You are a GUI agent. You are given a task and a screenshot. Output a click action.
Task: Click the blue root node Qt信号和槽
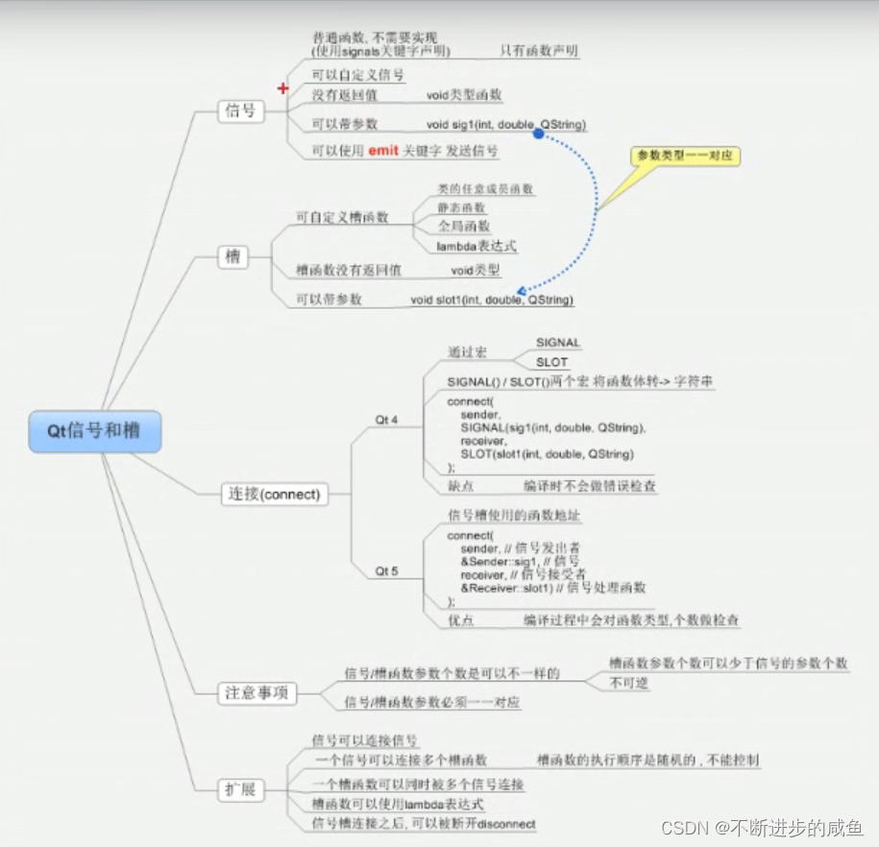(x=93, y=431)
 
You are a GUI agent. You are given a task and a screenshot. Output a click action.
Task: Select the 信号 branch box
(x=240, y=110)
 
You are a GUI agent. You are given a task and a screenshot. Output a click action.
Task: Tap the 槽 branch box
(x=232, y=257)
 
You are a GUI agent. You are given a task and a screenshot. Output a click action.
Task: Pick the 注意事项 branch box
(x=256, y=692)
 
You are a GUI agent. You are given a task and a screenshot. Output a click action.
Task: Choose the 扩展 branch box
(x=240, y=790)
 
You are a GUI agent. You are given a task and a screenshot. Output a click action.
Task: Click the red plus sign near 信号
(x=282, y=88)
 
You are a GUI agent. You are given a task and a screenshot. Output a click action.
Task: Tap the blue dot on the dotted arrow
(x=539, y=134)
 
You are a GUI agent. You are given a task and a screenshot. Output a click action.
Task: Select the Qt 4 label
(x=386, y=420)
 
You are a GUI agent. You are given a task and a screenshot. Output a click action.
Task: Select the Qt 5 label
(x=386, y=571)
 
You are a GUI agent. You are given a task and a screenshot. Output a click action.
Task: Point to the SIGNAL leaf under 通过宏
(x=558, y=342)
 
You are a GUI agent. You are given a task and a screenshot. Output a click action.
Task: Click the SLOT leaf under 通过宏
(x=551, y=362)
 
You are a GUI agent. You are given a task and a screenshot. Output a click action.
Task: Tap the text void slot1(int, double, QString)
(x=492, y=300)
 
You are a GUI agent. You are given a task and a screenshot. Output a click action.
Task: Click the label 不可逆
(x=629, y=683)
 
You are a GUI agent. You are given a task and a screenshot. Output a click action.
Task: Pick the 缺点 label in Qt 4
(x=461, y=486)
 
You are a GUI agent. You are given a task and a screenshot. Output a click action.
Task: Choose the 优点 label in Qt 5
(x=461, y=621)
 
